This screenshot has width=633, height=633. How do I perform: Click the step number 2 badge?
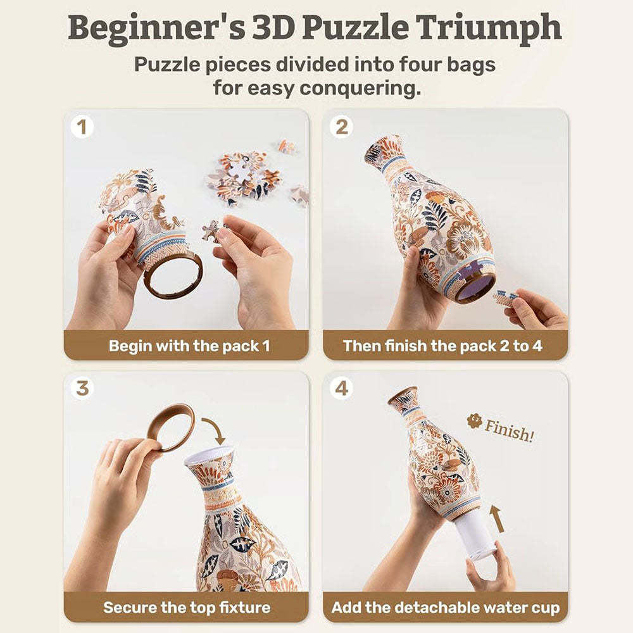click(341, 127)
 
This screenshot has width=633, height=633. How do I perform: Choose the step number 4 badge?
click(341, 388)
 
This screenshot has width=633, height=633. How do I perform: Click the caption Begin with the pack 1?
click(189, 346)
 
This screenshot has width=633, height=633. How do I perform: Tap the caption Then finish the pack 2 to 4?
click(442, 346)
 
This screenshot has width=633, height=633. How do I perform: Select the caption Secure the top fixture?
click(187, 608)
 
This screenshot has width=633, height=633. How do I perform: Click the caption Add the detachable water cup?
click(446, 608)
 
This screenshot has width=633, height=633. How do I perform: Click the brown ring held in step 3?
click(170, 427)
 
